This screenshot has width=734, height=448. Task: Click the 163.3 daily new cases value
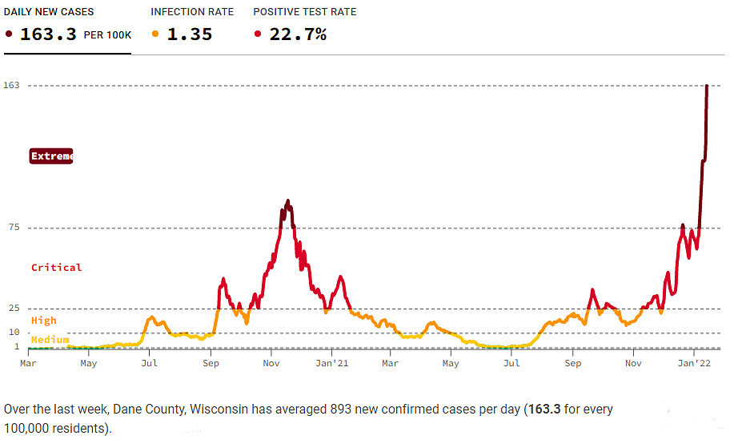[47, 34]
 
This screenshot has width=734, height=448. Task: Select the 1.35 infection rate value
[189, 34]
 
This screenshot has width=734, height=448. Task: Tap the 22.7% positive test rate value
[296, 34]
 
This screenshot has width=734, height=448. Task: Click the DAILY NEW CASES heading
[49, 12]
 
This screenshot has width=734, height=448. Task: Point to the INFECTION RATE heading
[192, 12]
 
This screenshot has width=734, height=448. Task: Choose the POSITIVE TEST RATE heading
[305, 12]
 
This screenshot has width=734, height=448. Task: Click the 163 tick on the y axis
[11, 85]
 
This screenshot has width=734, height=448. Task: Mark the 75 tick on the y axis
[14, 228]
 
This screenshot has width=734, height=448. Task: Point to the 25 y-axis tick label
[14, 309]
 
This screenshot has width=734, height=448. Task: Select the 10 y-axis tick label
[14, 333]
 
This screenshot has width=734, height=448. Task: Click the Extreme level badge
[51, 156]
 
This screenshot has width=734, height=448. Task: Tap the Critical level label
[56, 268]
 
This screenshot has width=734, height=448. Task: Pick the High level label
[44, 321]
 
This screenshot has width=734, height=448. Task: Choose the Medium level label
[50, 340]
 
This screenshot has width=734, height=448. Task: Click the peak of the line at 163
[707, 86]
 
